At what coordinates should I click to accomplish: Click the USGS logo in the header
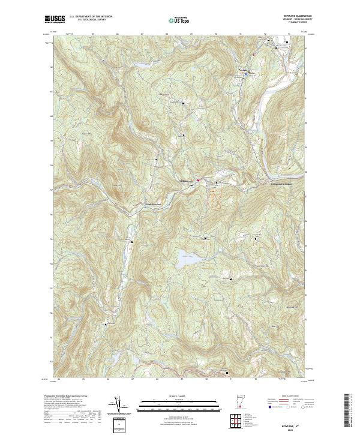tap(55, 19)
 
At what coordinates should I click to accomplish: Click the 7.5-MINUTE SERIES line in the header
tap(292, 26)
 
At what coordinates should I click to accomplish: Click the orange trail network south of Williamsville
tap(214, 196)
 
